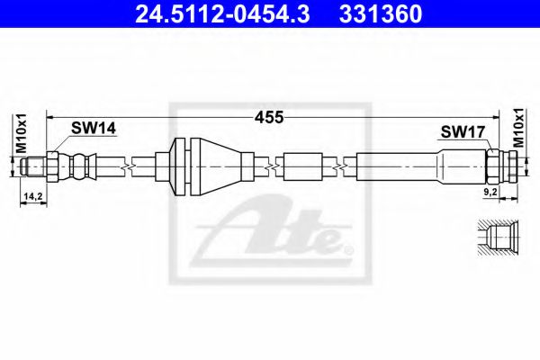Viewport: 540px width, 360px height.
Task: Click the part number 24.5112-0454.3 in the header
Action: tap(222, 13)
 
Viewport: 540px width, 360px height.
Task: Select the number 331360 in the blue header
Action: tap(381, 13)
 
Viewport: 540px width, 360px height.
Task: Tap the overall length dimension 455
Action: tap(269, 118)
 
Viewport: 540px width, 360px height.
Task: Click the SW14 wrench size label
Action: tap(94, 129)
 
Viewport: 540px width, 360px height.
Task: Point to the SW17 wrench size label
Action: tap(463, 131)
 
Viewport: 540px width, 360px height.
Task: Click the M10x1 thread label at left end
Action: tap(21, 133)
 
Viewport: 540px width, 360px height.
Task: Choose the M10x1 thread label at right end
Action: tap(518, 128)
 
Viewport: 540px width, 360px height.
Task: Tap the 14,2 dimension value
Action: tap(32, 196)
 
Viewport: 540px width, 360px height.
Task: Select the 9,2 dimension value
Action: tap(490, 193)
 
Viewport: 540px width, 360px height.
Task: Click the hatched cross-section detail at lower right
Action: tap(498, 238)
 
